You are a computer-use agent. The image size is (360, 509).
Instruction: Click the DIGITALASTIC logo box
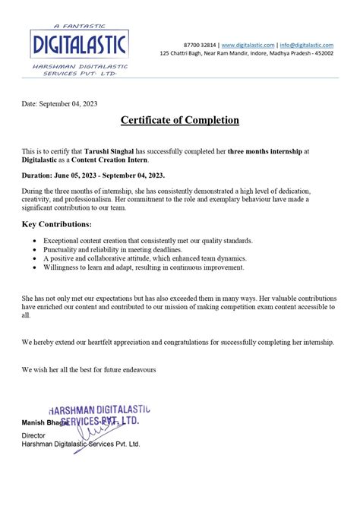click(x=78, y=45)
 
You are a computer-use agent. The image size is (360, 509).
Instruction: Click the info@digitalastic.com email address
click(x=305, y=46)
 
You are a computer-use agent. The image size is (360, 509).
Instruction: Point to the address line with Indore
click(x=246, y=54)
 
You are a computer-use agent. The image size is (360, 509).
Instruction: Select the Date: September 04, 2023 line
click(x=59, y=103)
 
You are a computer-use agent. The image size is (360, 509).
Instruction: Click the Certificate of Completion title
click(x=179, y=120)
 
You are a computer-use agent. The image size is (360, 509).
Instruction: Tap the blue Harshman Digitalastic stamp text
click(x=99, y=411)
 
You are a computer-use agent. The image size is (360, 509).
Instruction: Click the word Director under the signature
click(x=33, y=435)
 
